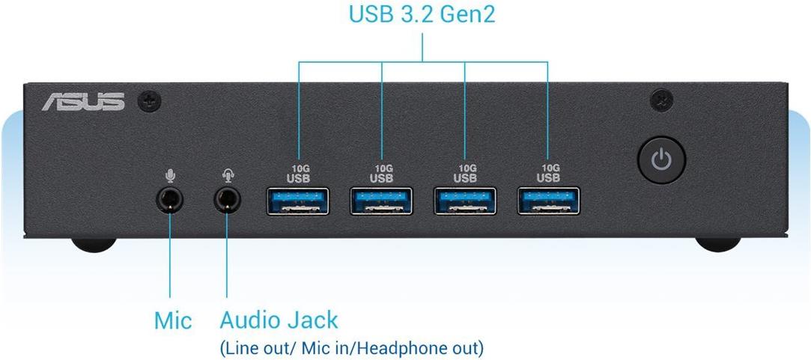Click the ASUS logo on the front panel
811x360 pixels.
tap(82, 101)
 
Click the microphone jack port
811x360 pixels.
tap(171, 200)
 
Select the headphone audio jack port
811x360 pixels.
tap(228, 200)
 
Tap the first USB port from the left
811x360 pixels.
tap(297, 201)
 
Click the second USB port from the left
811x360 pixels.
tap(381, 201)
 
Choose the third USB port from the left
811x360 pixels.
tap(465, 201)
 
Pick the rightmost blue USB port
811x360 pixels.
tap(548, 201)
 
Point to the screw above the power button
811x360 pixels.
tap(661, 100)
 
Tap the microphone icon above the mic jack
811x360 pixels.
tap(171, 175)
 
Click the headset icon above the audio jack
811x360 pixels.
tap(228, 175)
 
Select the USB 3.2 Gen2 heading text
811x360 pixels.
tap(422, 14)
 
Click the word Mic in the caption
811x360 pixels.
tap(173, 321)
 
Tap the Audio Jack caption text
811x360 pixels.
tap(279, 320)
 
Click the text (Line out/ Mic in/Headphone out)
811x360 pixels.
tap(351, 348)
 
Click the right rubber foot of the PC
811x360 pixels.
tap(717, 244)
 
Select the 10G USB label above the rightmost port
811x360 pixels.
tap(548, 174)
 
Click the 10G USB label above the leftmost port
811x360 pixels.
tap(297, 174)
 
